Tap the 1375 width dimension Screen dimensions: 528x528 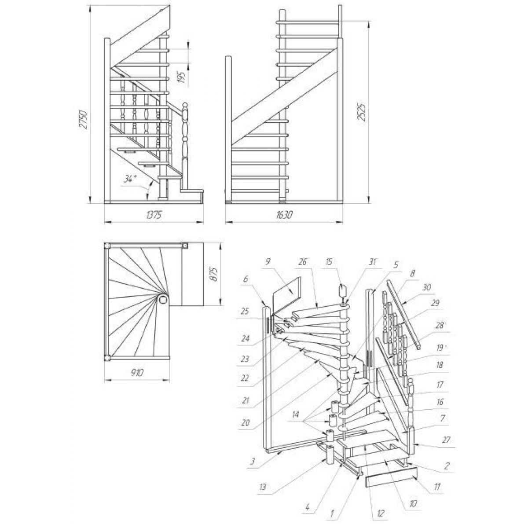[x=154, y=215]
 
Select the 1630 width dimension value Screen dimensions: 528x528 [x=284, y=215]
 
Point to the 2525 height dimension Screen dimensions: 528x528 [x=362, y=112]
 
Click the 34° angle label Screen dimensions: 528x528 [x=130, y=180]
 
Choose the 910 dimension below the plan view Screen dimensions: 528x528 [x=136, y=372]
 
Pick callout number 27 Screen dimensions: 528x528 [x=446, y=440]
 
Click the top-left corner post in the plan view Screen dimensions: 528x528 [x=107, y=246]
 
